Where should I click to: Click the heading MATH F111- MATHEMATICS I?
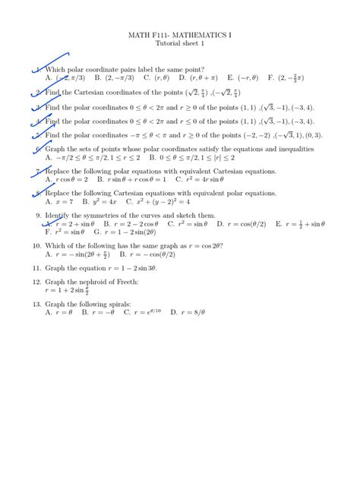(x=180, y=35)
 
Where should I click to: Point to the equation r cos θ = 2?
(x=70, y=179)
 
